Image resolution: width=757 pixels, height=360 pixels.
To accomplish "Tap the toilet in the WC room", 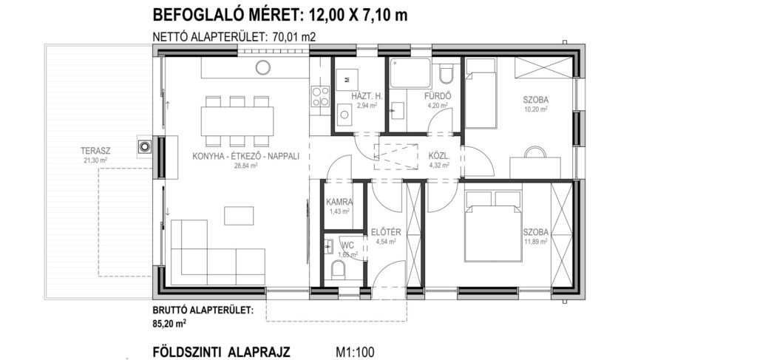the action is pyautogui.click(x=339, y=269).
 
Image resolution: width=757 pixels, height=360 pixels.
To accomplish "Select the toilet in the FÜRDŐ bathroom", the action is pyautogui.click(x=446, y=74).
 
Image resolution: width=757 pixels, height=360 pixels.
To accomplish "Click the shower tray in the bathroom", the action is pyautogui.click(x=410, y=73).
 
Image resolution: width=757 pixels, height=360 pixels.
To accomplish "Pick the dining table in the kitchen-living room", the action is pyautogui.click(x=237, y=120).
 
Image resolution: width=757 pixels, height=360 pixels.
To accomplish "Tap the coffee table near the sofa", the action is pyautogui.click(x=239, y=216).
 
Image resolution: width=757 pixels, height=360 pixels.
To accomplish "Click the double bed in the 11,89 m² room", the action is pyautogui.click(x=492, y=226).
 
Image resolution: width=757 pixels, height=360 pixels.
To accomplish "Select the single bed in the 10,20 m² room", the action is pyautogui.click(x=481, y=93).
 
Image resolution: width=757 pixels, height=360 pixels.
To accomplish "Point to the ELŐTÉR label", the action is pyautogui.click(x=383, y=232).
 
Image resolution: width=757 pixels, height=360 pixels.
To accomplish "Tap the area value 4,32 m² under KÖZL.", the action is pyautogui.click(x=439, y=165).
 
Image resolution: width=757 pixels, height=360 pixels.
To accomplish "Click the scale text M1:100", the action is pyautogui.click(x=355, y=352).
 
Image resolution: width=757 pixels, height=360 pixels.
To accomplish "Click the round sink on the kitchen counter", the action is pyautogui.click(x=263, y=67).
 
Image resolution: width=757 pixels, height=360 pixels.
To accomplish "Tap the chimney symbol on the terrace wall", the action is pyautogui.click(x=145, y=146).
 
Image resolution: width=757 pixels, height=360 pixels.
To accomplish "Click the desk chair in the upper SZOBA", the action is pyautogui.click(x=535, y=152).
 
